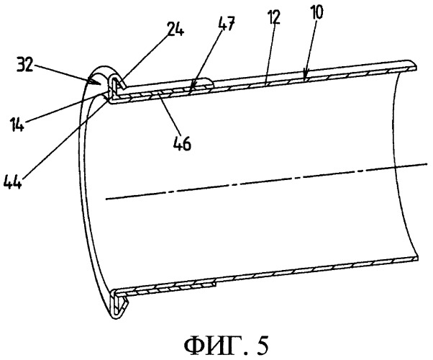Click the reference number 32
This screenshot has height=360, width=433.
tap(25, 66)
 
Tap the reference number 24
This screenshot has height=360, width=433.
tap(176, 30)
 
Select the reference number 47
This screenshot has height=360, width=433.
tap(226, 23)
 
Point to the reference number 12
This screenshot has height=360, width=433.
tap(273, 18)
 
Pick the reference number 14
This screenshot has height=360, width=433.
tap(17, 125)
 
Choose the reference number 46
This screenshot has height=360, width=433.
tap(182, 144)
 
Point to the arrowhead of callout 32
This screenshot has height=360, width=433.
tap(94, 81)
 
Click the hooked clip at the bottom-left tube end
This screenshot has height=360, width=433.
tap(119, 305)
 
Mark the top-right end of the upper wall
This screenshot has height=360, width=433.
tap(416, 66)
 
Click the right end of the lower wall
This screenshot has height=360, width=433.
tap(417, 258)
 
